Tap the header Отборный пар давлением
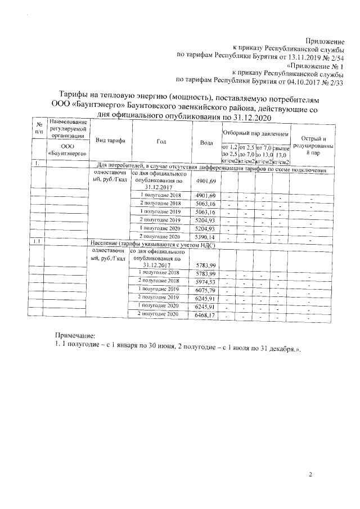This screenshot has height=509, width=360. click(x=255, y=135)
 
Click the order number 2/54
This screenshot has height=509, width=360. click(x=335, y=56)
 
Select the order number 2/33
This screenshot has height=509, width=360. click(x=336, y=82)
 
